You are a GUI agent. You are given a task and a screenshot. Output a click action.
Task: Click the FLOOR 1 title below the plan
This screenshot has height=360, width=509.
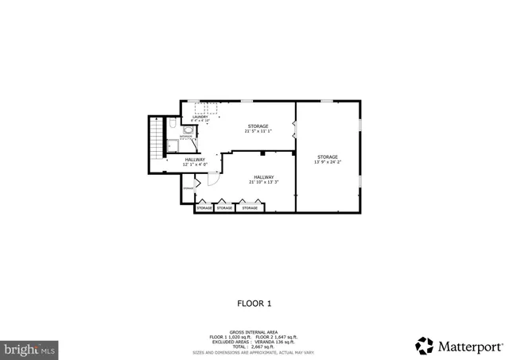[254, 303]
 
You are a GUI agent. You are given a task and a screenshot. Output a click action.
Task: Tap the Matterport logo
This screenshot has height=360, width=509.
[460, 346]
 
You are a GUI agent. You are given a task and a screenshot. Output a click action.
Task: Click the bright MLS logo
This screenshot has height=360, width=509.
[29, 348]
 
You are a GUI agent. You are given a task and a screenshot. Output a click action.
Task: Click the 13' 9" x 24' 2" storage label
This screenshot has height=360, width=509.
[328, 160]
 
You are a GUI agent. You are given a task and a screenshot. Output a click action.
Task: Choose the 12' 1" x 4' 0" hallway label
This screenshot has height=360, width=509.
[194, 161]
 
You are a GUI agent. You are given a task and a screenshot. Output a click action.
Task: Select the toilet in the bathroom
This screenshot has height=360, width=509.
[172, 127]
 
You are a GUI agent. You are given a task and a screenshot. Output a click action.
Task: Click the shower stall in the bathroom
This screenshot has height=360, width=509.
[171, 145]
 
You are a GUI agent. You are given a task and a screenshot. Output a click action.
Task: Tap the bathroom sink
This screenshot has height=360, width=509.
[188, 130]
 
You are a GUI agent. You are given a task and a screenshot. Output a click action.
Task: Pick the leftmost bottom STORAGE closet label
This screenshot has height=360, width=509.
[204, 208]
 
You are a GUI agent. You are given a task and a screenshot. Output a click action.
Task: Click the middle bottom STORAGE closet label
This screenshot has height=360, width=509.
[225, 208]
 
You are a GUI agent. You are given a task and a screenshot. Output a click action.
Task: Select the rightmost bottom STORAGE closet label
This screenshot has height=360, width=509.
[251, 208]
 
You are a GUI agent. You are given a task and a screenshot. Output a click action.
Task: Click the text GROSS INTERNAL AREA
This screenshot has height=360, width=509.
[254, 331]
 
